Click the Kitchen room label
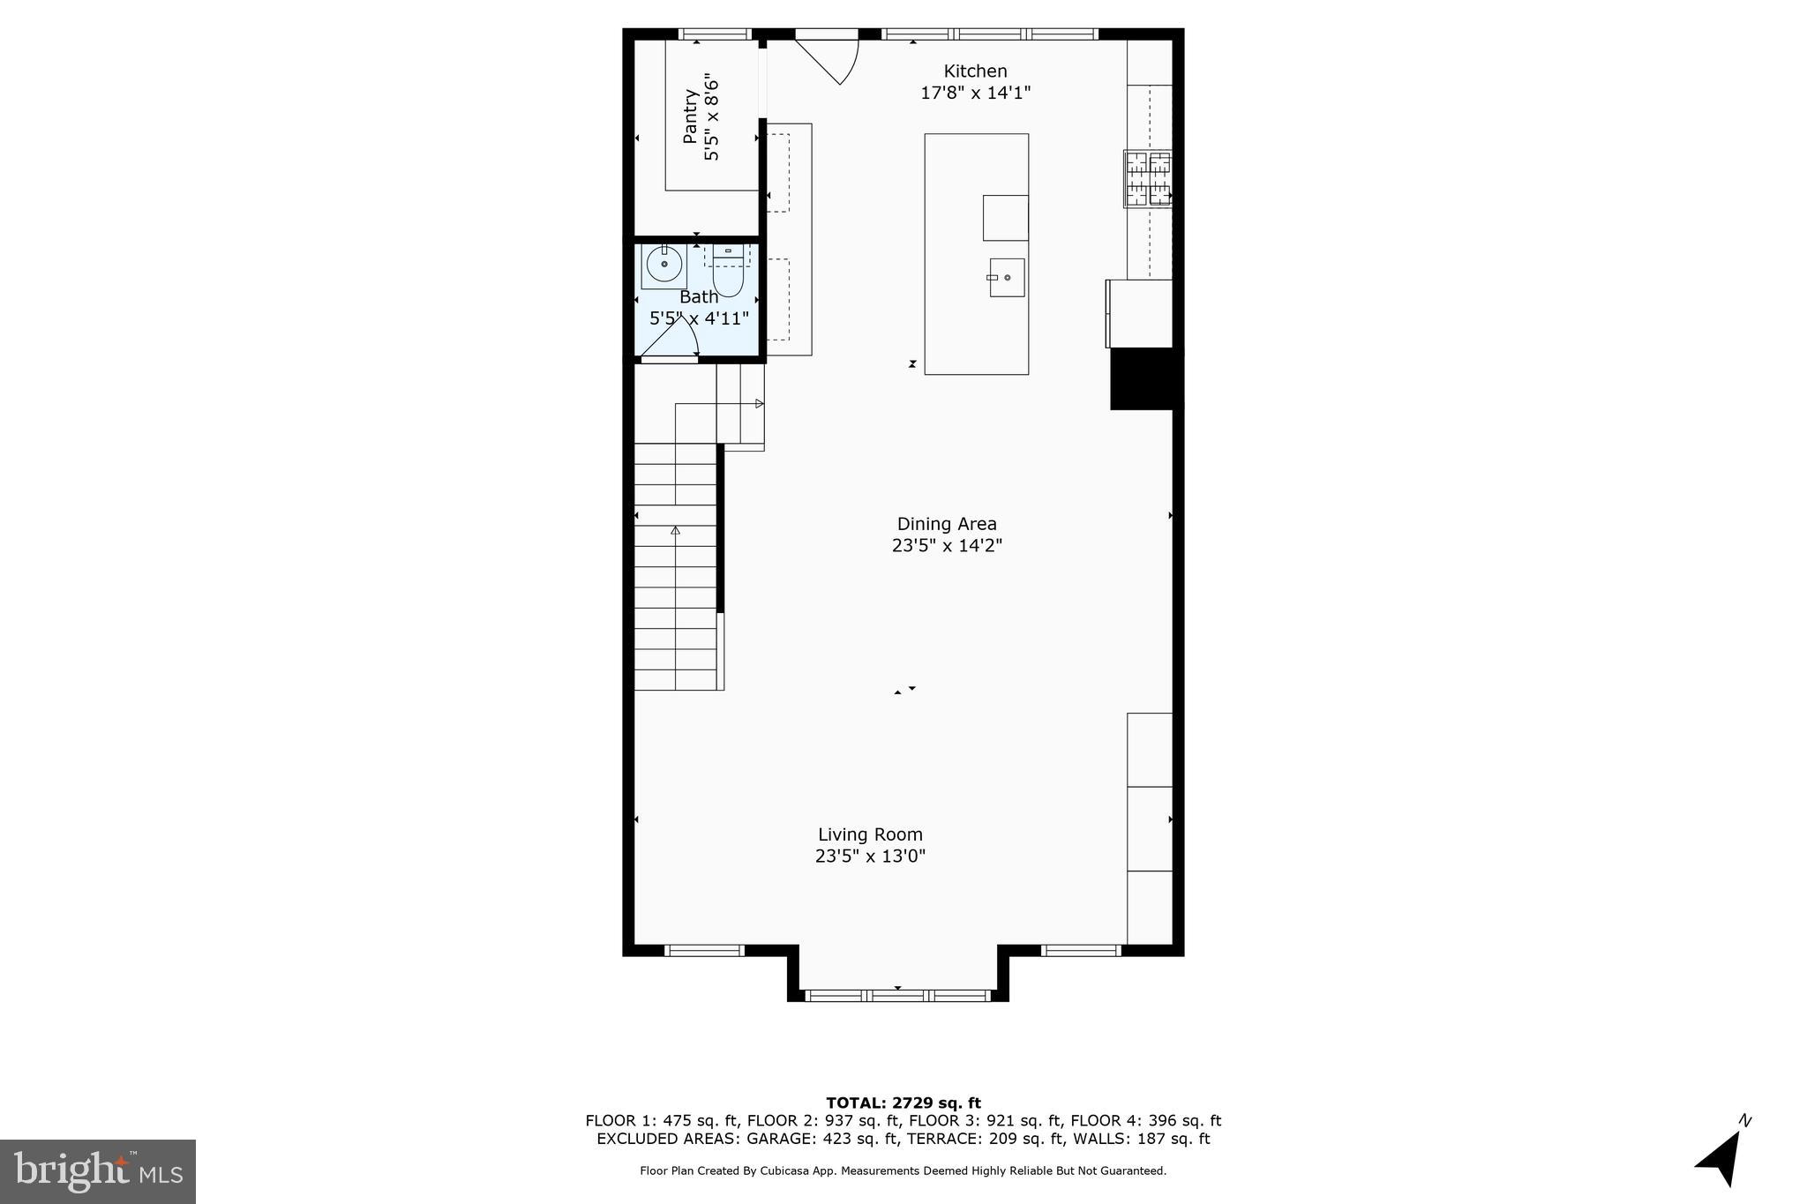pyautogui.click(x=975, y=71)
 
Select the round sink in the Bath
pyautogui.click(x=664, y=264)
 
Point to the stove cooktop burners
pyautogui.click(x=1148, y=179)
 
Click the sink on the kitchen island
pyautogui.click(x=1007, y=277)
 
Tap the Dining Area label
pyautogui.click(x=947, y=524)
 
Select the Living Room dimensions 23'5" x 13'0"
pyautogui.click(x=870, y=856)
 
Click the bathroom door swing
pyautogui.click(x=675, y=340)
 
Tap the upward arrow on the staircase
pyautogui.click(x=676, y=531)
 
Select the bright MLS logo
pyautogui.click(x=98, y=1171)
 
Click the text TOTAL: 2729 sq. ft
pyautogui.click(x=903, y=1103)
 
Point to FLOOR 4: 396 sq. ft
pyautogui.click(x=1145, y=1121)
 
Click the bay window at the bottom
pyautogui.click(x=898, y=995)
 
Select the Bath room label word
pyautogui.click(x=698, y=297)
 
